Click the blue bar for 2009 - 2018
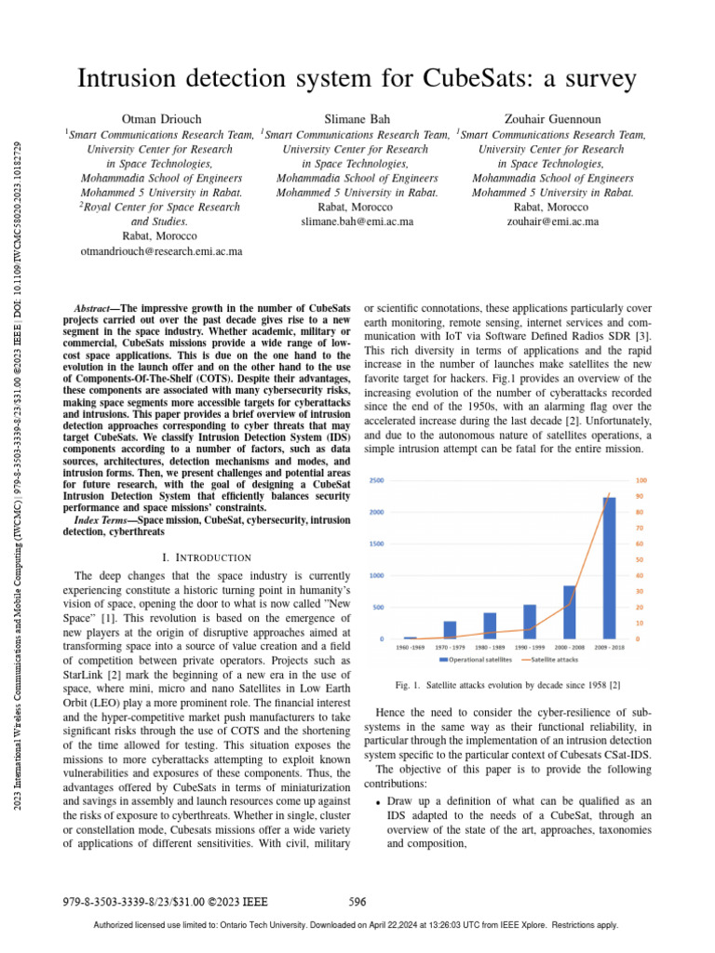click(609, 568)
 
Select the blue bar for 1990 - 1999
click(529, 622)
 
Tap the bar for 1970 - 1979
click(450, 630)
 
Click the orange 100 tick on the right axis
click(641, 480)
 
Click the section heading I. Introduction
click(207, 557)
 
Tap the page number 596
click(357, 901)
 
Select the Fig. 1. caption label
click(410, 684)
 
